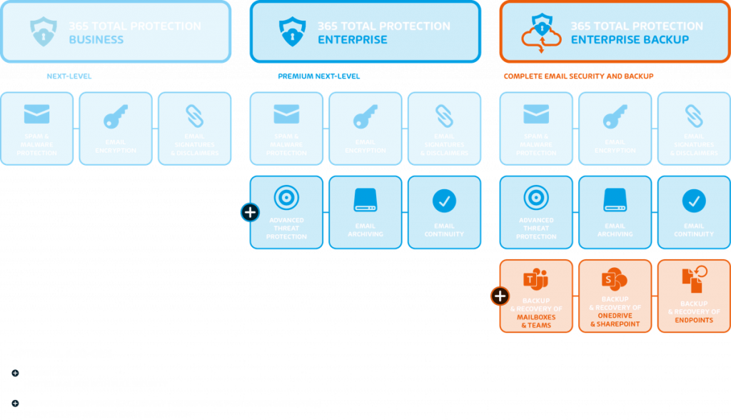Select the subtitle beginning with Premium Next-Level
[x=365, y=76]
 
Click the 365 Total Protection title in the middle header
[x=383, y=26]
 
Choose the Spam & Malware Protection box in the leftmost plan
[x=37, y=129]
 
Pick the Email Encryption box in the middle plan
[x=365, y=129]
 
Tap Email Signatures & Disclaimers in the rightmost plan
[x=693, y=129]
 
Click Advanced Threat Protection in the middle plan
[x=286, y=213]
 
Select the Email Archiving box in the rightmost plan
[x=615, y=213]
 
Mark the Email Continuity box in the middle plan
[x=444, y=213]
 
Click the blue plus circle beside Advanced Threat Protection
[x=250, y=212]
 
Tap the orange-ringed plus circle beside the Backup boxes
[x=500, y=296]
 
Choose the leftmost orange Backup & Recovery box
[x=536, y=296]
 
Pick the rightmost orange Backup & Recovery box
[x=693, y=296]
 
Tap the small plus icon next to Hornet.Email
[x=16, y=374]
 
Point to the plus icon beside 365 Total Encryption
[x=16, y=404]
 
